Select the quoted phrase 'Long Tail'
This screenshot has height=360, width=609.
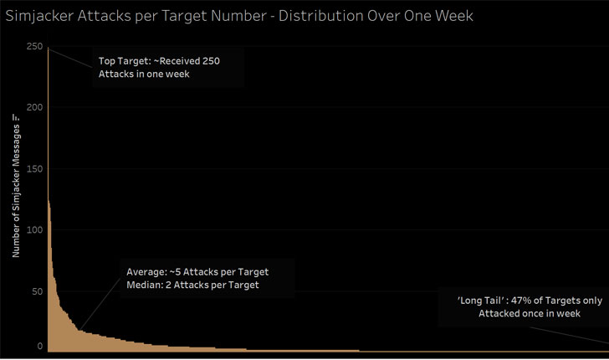pyautogui.click(x=473, y=300)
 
